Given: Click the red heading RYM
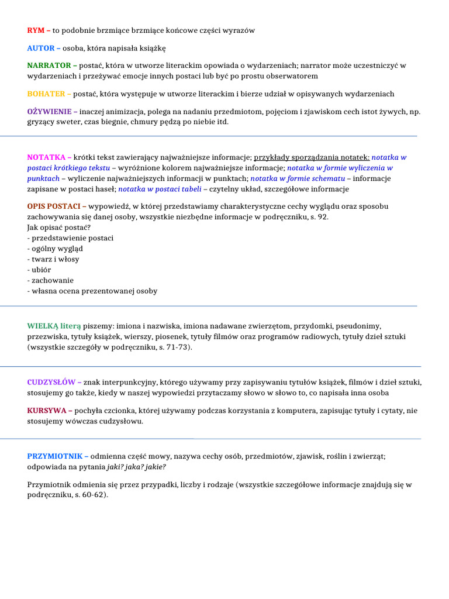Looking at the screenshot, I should (x=36, y=30).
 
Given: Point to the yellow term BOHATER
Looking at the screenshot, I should (x=47, y=94).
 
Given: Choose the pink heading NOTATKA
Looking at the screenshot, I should (x=46, y=157).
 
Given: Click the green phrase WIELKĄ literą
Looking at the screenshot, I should (x=54, y=326).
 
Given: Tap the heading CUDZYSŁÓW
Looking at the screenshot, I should (x=51, y=383).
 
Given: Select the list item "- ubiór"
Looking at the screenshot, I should (x=39, y=270).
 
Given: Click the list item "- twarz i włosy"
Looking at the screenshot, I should (x=53, y=259).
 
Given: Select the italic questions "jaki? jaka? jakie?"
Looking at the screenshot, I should (x=136, y=467).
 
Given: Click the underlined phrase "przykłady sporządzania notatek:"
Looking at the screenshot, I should (x=312, y=157).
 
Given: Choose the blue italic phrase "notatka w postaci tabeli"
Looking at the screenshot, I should (x=160, y=189).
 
